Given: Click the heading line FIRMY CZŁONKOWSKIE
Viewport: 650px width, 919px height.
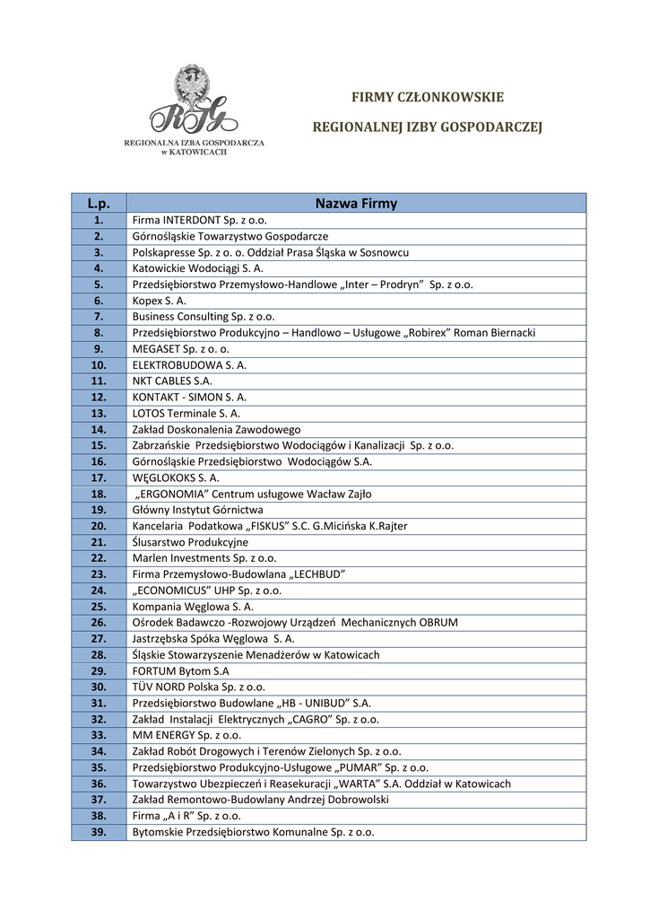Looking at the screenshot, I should click(427, 97).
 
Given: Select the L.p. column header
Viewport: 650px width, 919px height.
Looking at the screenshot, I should click(99, 204).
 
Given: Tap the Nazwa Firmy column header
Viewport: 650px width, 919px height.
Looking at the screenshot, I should click(356, 204).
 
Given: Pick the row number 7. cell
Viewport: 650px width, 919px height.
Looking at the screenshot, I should click(99, 317).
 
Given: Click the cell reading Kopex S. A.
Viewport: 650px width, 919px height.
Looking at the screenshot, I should click(160, 301).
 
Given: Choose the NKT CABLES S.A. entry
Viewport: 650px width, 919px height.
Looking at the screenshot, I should click(172, 381).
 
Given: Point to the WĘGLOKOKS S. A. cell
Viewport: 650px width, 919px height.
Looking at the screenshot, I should click(176, 477).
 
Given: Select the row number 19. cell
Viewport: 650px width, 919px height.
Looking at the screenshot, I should click(99, 510).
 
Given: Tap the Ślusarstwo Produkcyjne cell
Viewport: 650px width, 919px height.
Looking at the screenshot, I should click(190, 542).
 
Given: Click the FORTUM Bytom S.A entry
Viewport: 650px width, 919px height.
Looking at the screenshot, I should click(180, 671).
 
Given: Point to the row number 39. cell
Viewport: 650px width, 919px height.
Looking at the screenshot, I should click(99, 832).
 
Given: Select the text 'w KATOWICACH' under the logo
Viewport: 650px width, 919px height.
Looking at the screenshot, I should click(194, 153).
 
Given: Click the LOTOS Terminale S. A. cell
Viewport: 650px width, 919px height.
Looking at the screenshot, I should click(186, 413).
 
